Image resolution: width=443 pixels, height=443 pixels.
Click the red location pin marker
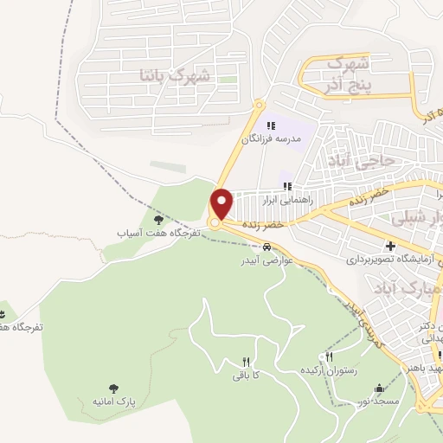pos(221,203)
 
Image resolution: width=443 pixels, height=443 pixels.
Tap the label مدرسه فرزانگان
pos(272,138)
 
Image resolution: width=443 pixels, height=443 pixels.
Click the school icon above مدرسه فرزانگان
pos(272,125)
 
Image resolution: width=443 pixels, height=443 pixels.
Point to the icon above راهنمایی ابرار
pos(286,185)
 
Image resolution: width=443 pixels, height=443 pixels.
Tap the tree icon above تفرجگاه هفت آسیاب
pos(157,220)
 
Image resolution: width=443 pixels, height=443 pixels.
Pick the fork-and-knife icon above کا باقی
pos(246,362)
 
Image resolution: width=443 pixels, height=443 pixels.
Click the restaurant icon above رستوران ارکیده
pos(328,356)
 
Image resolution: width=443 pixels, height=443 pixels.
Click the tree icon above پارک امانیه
pos(113,388)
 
